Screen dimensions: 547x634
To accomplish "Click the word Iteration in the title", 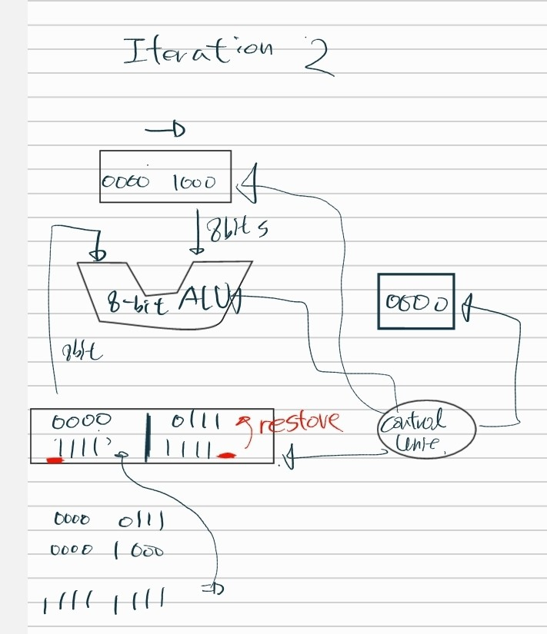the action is pyautogui.click(x=198, y=51).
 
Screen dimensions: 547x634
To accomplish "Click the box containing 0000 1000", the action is pyautogui.click(x=165, y=177).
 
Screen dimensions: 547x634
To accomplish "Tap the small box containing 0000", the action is pyautogui.click(x=415, y=301).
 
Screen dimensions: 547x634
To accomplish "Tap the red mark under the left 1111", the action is pyautogui.click(x=54, y=460).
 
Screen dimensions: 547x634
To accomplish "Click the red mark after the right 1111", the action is pyautogui.click(x=225, y=456).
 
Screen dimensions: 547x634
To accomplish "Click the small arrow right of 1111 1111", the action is pyautogui.click(x=212, y=590).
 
